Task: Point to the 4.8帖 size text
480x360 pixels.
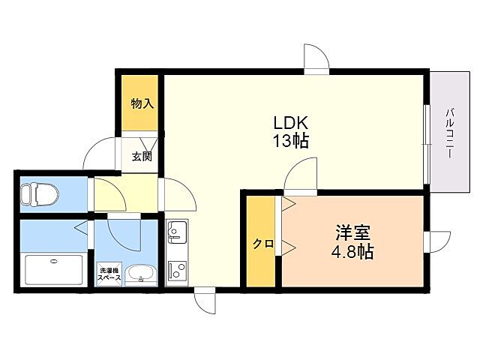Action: (x=353, y=252)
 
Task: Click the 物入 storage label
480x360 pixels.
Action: (x=142, y=103)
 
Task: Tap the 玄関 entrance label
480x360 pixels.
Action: (x=142, y=157)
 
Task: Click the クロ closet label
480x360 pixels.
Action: (x=262, y=244)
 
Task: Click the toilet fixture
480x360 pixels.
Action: (x=39, y=194)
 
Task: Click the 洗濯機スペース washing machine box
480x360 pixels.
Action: (x=108, y=274)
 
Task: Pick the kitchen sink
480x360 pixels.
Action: (x=177, y=232)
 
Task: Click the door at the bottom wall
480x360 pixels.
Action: (x=205, y=303)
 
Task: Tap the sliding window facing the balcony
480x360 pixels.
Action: (x=426, y=142)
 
